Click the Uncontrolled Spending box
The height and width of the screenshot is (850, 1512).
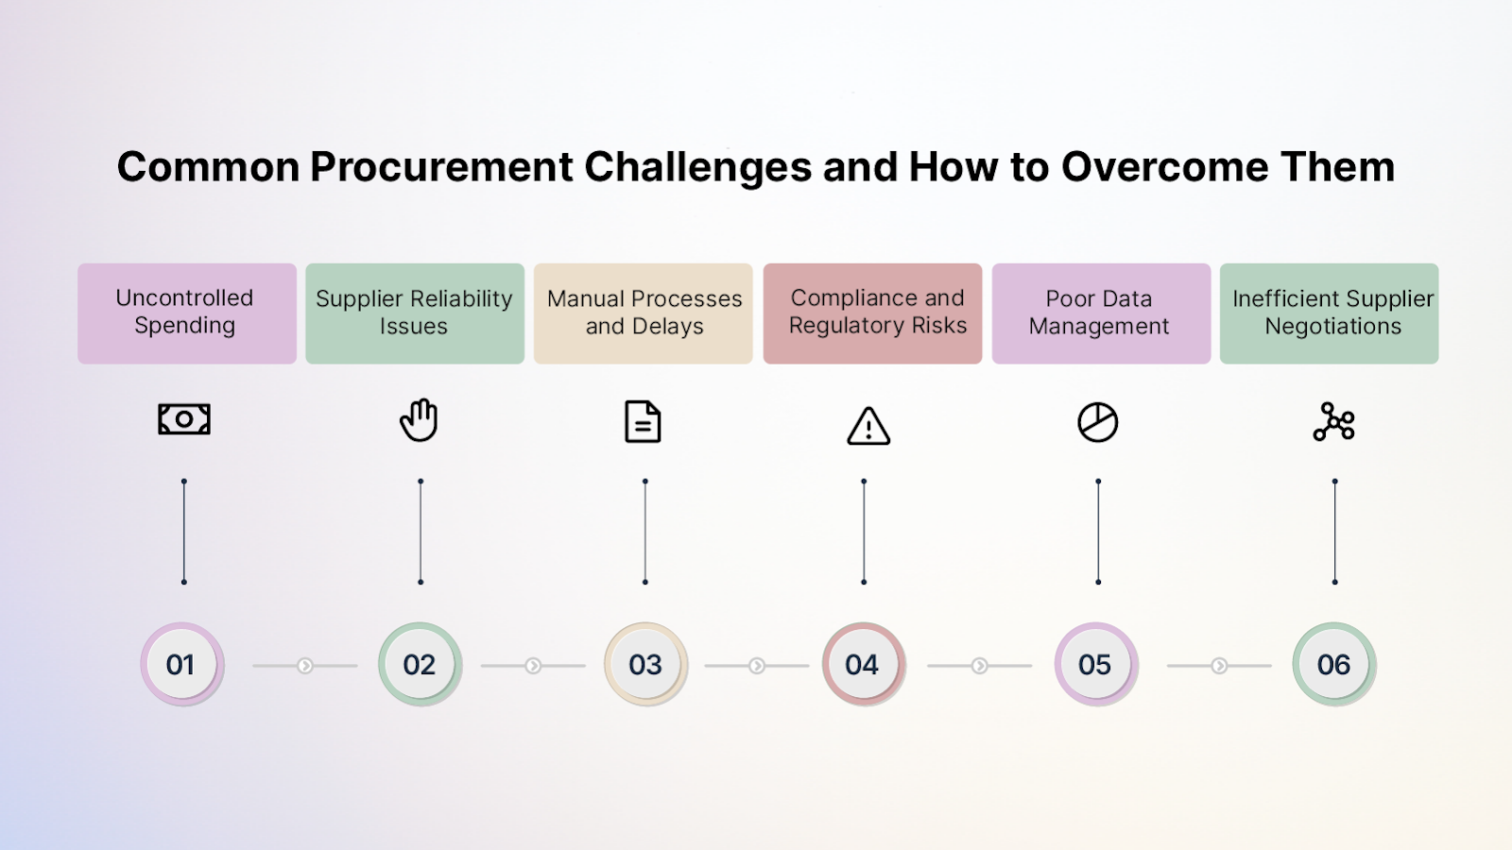click(x=186, y=313)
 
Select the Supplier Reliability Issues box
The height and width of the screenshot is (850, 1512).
click(x=414, y=313)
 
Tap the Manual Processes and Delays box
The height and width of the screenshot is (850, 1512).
click(x=643, y=313)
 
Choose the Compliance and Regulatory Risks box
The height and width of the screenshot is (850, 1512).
click(x=872, y=313)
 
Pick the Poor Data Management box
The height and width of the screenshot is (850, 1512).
click(x=1101, y=313)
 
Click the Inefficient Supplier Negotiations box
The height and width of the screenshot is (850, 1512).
click(x=1329, y=313)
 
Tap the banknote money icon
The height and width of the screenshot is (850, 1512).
click(x=184, y=419)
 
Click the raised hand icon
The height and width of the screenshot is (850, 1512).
click(x=419, y=420)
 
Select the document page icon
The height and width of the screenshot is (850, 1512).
click(x=643, y=422)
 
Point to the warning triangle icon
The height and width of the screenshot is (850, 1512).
click(x=868, y=426)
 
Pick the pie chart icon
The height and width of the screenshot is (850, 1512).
click(x=1097, y=422)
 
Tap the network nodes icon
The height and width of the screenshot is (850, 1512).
click(x=1333, y=422)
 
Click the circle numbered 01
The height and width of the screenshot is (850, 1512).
click(x=181, y=665)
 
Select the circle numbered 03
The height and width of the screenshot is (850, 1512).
click(x=645, y=665)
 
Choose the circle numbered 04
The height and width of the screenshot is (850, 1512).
click(x=863, y=665)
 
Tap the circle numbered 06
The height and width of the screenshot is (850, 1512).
click(x=1333, y=665)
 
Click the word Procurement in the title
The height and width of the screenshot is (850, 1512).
click(x=441, y=167)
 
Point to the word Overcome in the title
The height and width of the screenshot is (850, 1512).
click(x=1164, y=167)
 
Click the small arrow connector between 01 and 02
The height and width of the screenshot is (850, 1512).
click(x=305, y=666)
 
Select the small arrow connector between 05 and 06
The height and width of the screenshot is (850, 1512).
click(x=1219, y=666)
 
